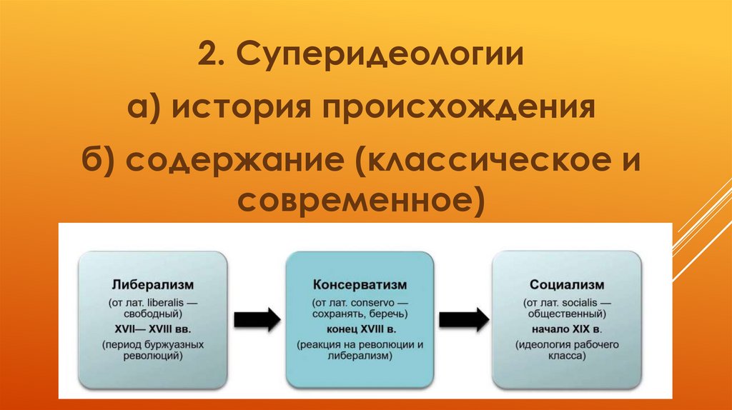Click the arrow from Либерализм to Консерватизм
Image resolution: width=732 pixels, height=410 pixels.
257,319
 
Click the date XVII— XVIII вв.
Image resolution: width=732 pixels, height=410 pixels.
153,329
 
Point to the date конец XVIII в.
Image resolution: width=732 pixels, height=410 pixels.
360,329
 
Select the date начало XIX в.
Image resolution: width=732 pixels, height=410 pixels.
567,329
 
